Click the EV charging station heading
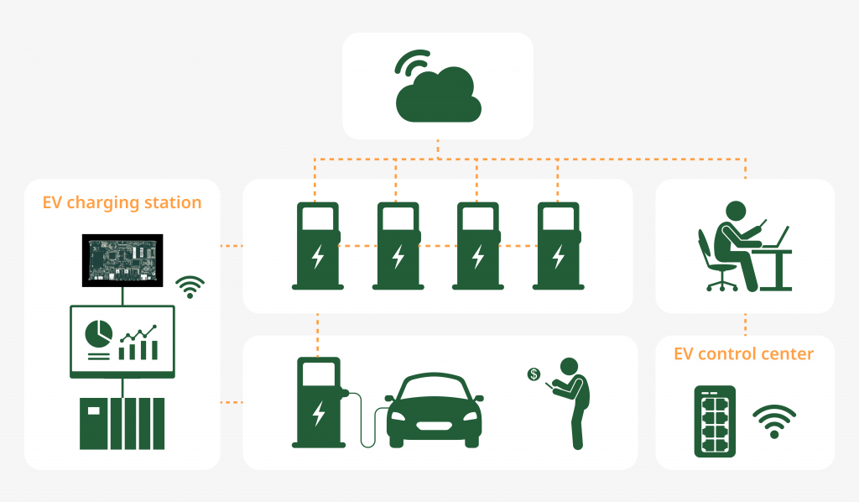point(122,202)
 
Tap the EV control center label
point(743,353)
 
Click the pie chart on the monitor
point(98,333)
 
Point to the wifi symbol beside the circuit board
point(190,287)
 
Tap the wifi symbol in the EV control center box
point(773,421)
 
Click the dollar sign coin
point(534,374)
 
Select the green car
point(434,410)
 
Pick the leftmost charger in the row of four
point(316,245)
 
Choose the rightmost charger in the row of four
point(558,245)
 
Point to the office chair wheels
point(721,285)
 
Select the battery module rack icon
point(715,421)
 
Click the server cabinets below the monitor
point(122,422)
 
